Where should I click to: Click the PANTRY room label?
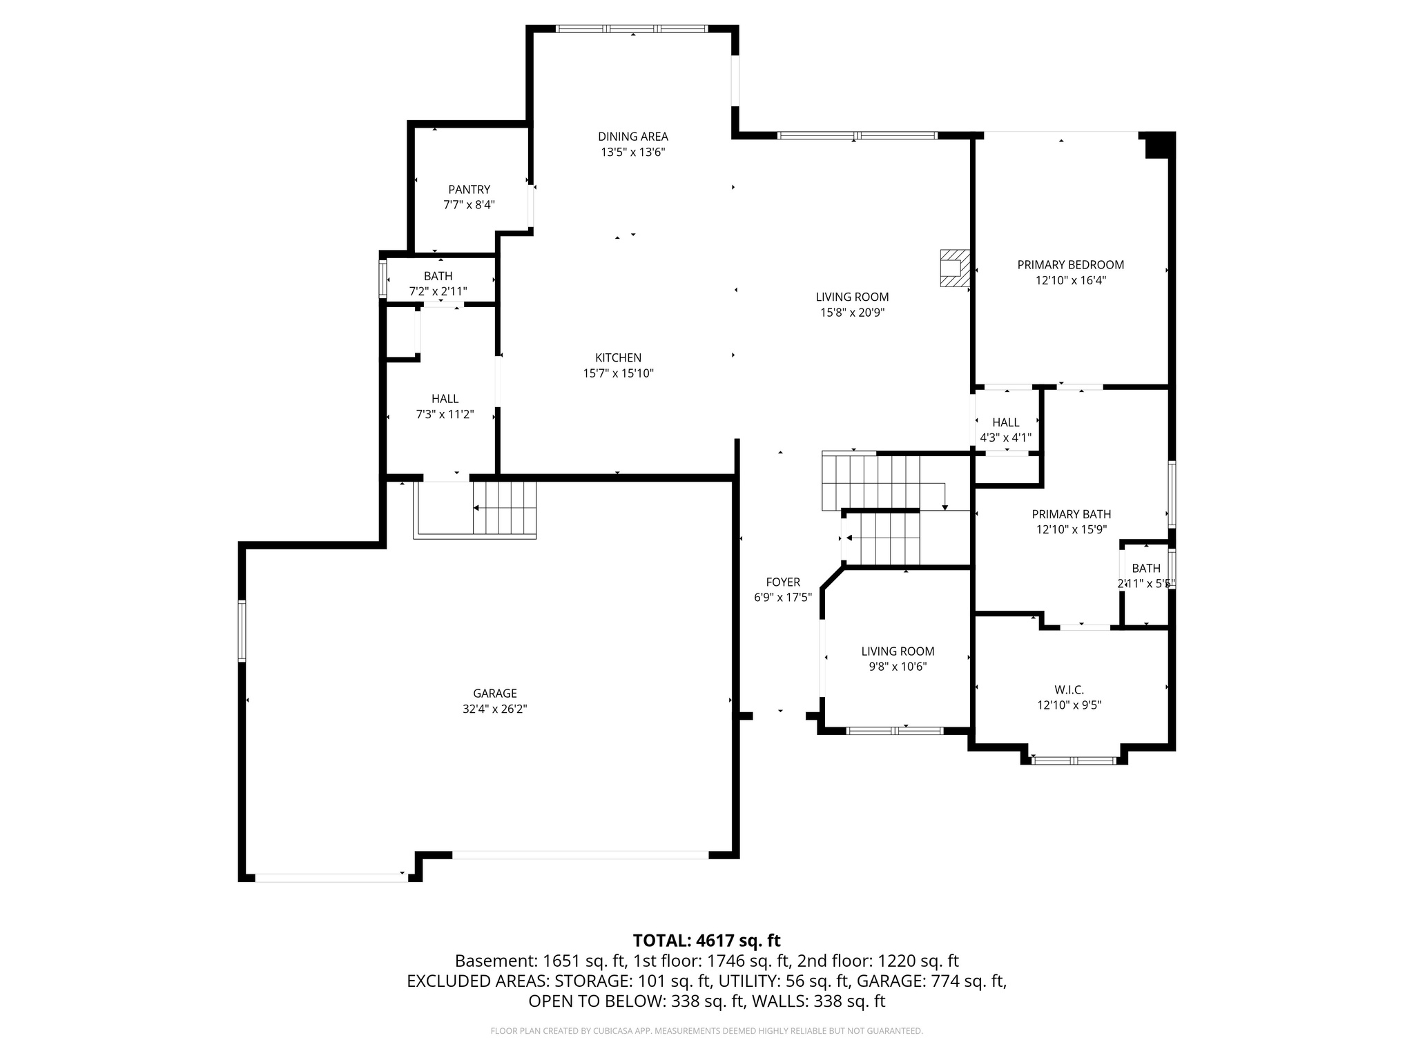[x=469, y=189]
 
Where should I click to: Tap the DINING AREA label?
[x=632, y=137]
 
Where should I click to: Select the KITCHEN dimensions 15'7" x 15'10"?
[x=618, y=373]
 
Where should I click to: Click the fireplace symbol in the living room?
[x=954, y=268]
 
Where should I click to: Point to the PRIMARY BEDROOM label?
[x=1070, y=264]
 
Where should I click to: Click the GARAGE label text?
[x=494, y=693]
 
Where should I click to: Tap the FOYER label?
[x=782, y=582]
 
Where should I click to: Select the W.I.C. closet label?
[x=1069, y=689]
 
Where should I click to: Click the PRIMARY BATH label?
[x=1071, y=513]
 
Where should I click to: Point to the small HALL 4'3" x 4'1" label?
[x=1005, y=422]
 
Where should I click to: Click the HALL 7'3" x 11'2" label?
[x=445, y=399]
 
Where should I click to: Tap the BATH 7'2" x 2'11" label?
[x=438, y=276]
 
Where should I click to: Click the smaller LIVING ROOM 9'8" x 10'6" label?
[x=898, y=651]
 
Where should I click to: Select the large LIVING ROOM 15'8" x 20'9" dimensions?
[x=852, y=313]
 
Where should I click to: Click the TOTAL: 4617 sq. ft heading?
[x=706, y=940]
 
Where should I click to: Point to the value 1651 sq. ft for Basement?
[x=584, y=961]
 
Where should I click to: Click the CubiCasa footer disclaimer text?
[x=706, y=1031]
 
